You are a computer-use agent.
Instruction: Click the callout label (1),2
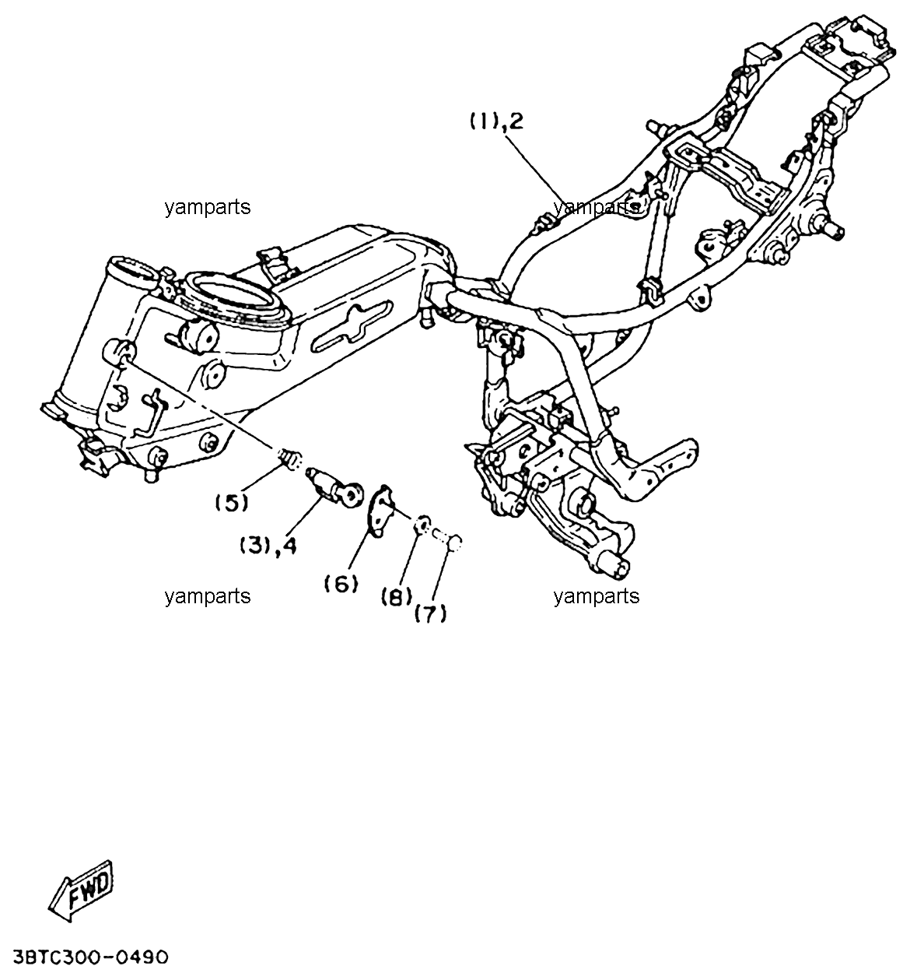click(x=495, y=121)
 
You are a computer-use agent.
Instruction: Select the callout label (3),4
click(x=268, y=546)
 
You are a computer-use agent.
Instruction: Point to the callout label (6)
click(x=341, y=585)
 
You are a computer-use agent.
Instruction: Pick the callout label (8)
click(x=397, y=598)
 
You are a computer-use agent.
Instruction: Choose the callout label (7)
click(x=430, y=614)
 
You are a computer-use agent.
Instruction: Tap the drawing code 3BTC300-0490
click(x=91, y=957)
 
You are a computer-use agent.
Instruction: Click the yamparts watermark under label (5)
click(x=208, y=596)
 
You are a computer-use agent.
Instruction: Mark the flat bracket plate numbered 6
click(x=381, y=511)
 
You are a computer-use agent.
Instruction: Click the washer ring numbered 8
click(x=422, y=524)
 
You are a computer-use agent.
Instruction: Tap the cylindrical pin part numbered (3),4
click(x=335, y=486)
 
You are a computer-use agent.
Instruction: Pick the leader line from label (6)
click(x=360, y=551)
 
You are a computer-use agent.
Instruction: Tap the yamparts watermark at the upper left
click(x=208, y=207)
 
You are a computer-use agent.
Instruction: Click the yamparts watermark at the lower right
click(x=597, y=596)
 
